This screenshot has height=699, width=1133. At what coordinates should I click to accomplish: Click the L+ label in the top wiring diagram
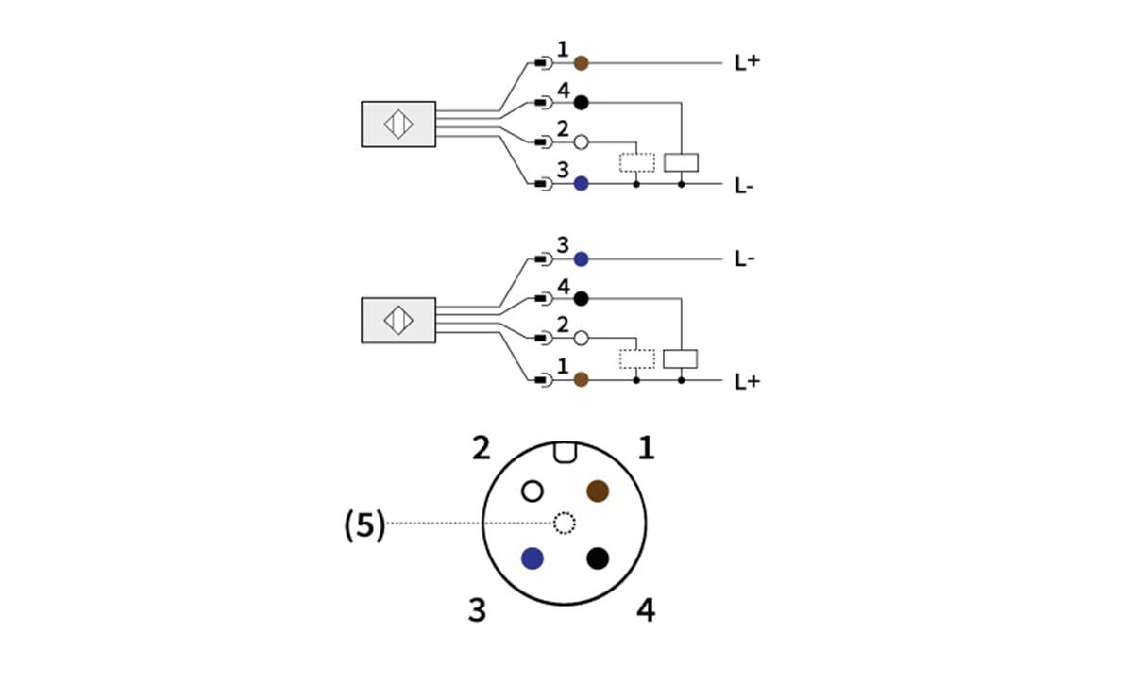(x=746, y=64)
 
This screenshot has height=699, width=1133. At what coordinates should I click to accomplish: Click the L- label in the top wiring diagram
(x=744, y=186)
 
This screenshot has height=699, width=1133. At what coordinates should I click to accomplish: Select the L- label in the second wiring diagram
(x=744, y=259)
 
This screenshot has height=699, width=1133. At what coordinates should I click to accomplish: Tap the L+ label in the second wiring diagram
(x=746, y=381)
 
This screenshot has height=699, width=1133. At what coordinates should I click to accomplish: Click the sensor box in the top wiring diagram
(x=397, y=124)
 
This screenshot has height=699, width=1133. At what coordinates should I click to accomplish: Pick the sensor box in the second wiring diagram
(x=397, y=320)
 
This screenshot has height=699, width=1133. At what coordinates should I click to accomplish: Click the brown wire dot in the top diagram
(x=582, y=63)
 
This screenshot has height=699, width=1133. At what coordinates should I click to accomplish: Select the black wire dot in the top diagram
(x=582, y=102)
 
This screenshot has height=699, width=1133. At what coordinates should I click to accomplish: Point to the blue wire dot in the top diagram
(x=582, y=183)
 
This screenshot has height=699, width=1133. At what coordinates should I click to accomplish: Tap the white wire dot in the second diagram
(x=582, y=338)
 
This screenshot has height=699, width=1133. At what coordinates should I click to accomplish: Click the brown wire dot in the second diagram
(x=582, y=379)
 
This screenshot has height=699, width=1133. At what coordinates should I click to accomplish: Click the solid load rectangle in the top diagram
(x=681, y=162)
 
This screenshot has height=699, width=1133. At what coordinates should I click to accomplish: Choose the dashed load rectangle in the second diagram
(x=636, y=358)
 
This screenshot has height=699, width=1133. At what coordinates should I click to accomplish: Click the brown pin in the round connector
(x=597, y=491)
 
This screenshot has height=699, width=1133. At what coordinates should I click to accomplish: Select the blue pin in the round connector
(x=533, y=558)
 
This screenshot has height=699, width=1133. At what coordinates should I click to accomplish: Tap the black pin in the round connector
(x=597, y=558)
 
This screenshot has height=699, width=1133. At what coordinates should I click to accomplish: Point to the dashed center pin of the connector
(x=564, y=523)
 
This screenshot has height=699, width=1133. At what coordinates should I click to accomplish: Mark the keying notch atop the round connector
(x=565, y=453)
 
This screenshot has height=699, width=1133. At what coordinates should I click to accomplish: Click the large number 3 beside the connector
(x=478, y=610)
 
